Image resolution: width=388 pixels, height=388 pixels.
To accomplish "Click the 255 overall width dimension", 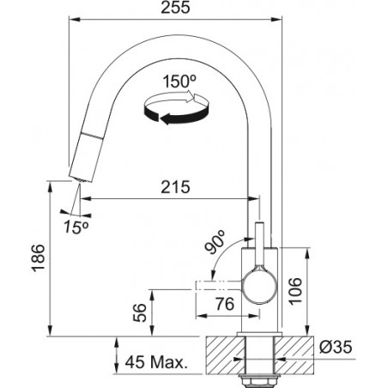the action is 175,8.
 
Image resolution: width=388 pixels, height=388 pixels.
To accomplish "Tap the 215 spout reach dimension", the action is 175,187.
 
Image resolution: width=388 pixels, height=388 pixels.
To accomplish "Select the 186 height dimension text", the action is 39,258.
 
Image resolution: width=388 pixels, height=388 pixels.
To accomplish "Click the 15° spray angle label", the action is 76,227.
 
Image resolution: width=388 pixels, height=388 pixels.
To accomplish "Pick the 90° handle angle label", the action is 215,242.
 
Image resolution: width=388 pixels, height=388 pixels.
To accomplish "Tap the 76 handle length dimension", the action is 225,304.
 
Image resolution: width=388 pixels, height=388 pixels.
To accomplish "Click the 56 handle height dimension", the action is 140,312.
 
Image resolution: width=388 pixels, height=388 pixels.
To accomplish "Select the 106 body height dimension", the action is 295,291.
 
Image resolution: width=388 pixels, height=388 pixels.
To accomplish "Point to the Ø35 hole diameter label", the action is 336,347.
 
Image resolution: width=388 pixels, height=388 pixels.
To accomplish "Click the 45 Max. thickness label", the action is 156,362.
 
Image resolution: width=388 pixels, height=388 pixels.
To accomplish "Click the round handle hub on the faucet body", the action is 260,287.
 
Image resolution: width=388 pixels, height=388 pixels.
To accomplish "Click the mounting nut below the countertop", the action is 259,380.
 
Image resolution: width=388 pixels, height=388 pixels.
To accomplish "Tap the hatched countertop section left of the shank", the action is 226,355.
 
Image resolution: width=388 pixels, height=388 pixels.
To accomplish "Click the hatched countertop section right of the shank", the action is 294,355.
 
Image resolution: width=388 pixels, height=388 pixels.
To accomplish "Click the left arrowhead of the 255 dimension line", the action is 74,20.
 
